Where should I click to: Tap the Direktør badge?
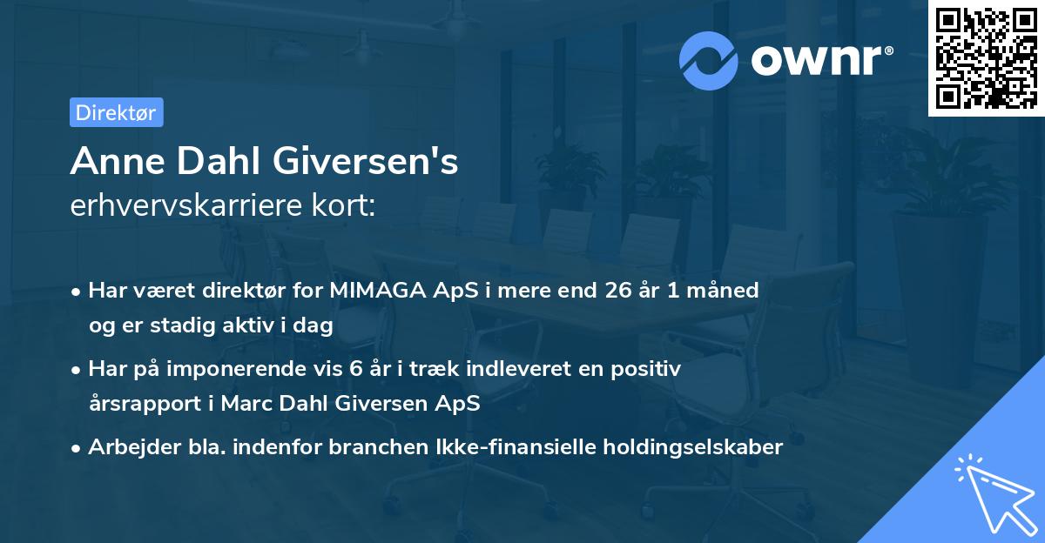coord(116,112)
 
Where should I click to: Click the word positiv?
coord(643,369)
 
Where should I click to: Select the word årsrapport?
coord(143,404)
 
